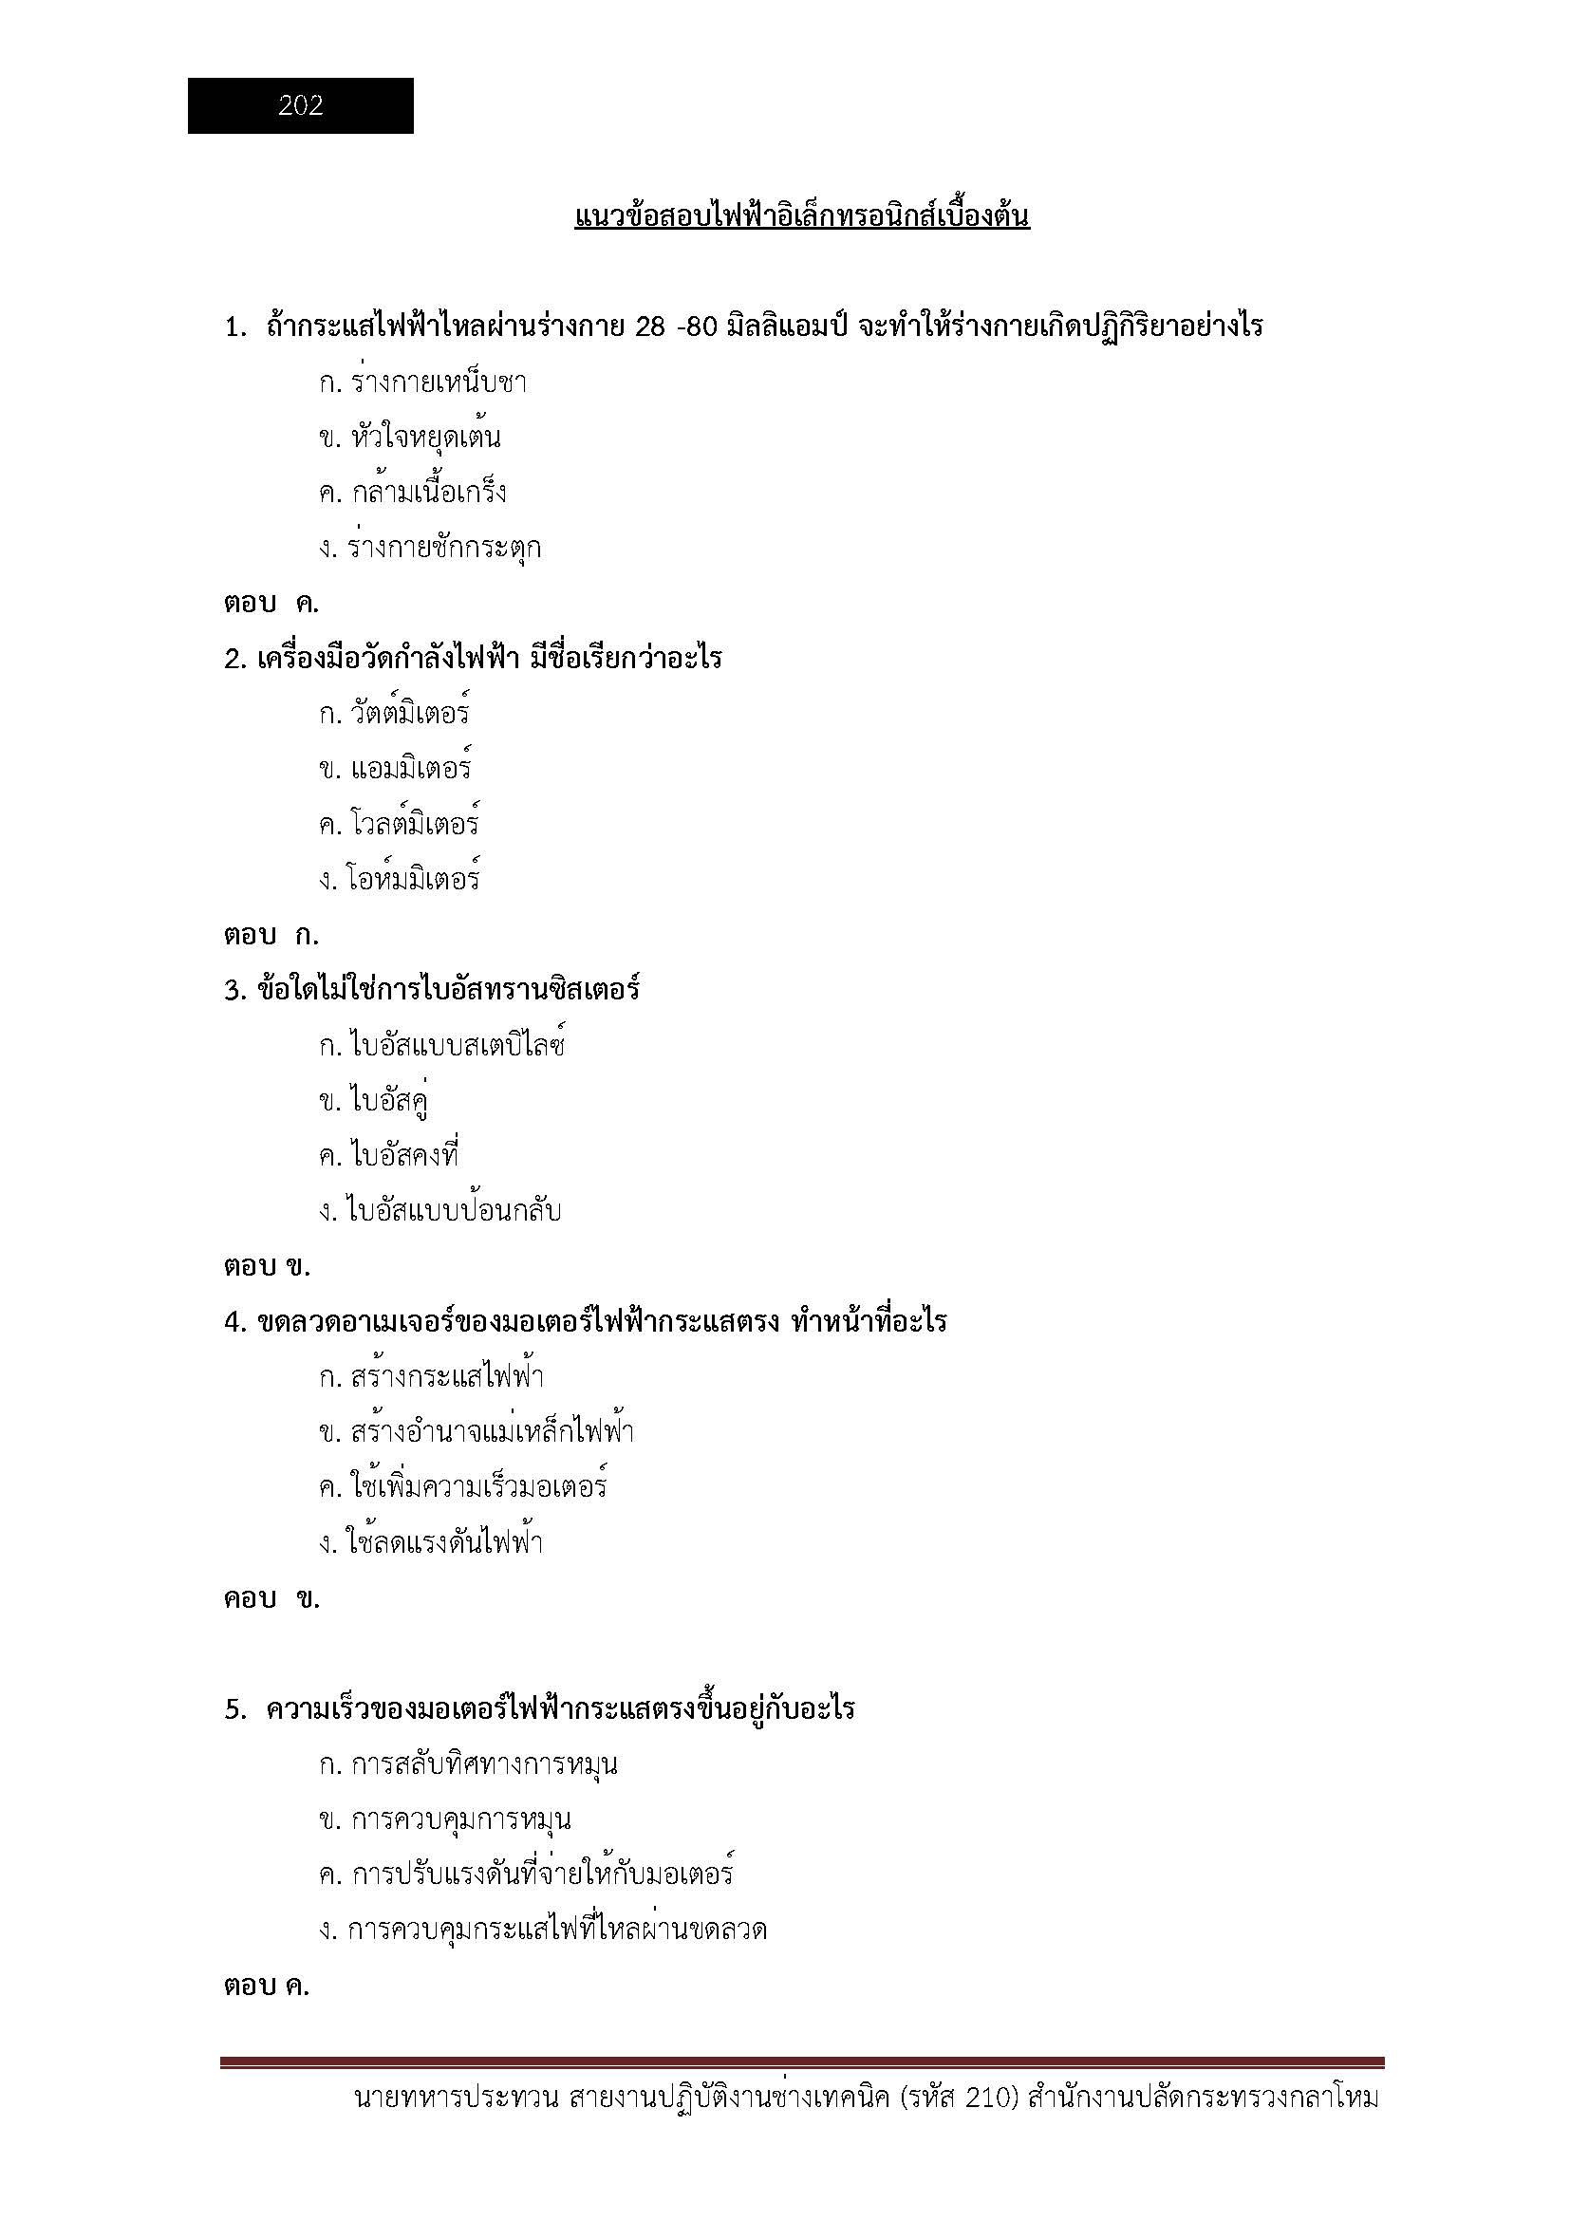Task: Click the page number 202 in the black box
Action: tap(301, 105)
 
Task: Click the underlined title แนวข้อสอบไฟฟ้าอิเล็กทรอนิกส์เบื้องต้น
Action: tap(801, 215)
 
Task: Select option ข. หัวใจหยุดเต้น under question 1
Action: tap(410, 438)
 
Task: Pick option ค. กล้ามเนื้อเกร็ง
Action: tap(413, 494)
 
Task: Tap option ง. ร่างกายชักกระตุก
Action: tap(430, 549)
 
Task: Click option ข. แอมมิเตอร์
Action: tap(396, 769)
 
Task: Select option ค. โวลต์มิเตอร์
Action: tap(400, 824)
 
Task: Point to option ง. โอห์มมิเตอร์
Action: tap(400, 879)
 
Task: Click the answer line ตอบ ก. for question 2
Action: tap(271, 935)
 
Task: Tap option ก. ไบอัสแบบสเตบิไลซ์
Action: tap(441, 1045)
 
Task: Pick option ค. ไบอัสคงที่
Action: tap(388, 1155)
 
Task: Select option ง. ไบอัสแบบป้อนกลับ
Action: tap(439, 1210)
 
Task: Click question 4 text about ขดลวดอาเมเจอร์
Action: tap(586, 1321)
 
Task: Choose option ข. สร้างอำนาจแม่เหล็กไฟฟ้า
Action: tap(477, 1432)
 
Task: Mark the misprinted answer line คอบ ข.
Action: tap(271, 1598)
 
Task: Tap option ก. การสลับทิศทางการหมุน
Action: tap(469, 1764)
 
